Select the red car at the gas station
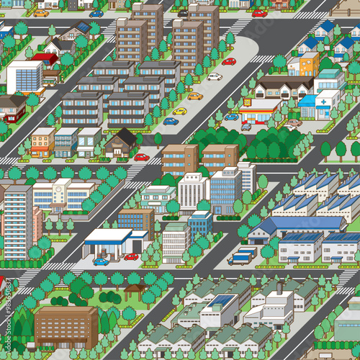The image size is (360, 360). click(x=130, y=256)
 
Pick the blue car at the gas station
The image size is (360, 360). click(x=101, y=261)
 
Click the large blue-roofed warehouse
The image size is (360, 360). click(x=302, y=225)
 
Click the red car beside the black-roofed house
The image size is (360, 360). click(x=142, y=157)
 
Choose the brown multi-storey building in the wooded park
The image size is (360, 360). click(x=65, y=325)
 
